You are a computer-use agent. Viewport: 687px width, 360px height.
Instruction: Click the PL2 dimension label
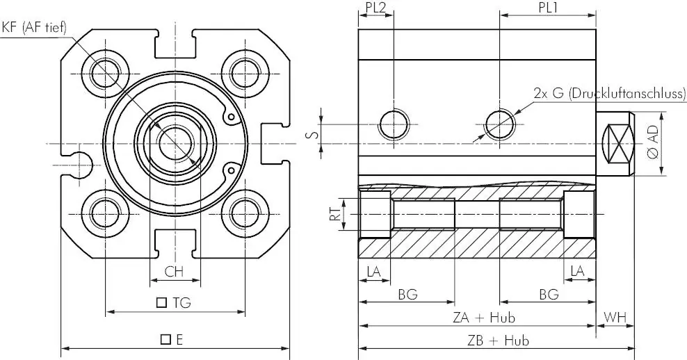[x=375, y=7]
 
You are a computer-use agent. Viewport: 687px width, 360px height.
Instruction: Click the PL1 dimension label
[x=548, y=7]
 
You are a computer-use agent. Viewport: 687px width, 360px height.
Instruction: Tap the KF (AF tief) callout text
[x=34, y=28]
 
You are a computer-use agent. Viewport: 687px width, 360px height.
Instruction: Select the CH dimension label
[x=174, y=272]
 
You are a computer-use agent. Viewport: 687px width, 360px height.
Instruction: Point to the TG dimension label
[x=174, y=302]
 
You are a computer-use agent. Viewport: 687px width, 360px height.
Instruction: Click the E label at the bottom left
[x=172, y=339]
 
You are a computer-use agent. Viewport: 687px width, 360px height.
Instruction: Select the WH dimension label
[x=615, y=317]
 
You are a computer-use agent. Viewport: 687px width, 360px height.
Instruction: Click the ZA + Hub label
[x=483, y=317]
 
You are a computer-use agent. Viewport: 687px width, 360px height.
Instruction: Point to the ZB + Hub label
[x=497, y=340]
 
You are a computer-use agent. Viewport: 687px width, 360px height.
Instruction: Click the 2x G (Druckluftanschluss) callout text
[x=609, y=93]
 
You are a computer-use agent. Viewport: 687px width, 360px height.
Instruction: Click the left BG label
[x=407, y=294]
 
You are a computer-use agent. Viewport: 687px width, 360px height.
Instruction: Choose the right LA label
[x=578, y=272]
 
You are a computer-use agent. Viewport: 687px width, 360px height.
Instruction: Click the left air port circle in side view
[x=394, y=124]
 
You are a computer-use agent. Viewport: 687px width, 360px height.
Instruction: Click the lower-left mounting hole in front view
[x=105, y=213]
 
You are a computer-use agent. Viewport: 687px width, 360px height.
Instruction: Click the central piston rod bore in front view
[x=175, y=144]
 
